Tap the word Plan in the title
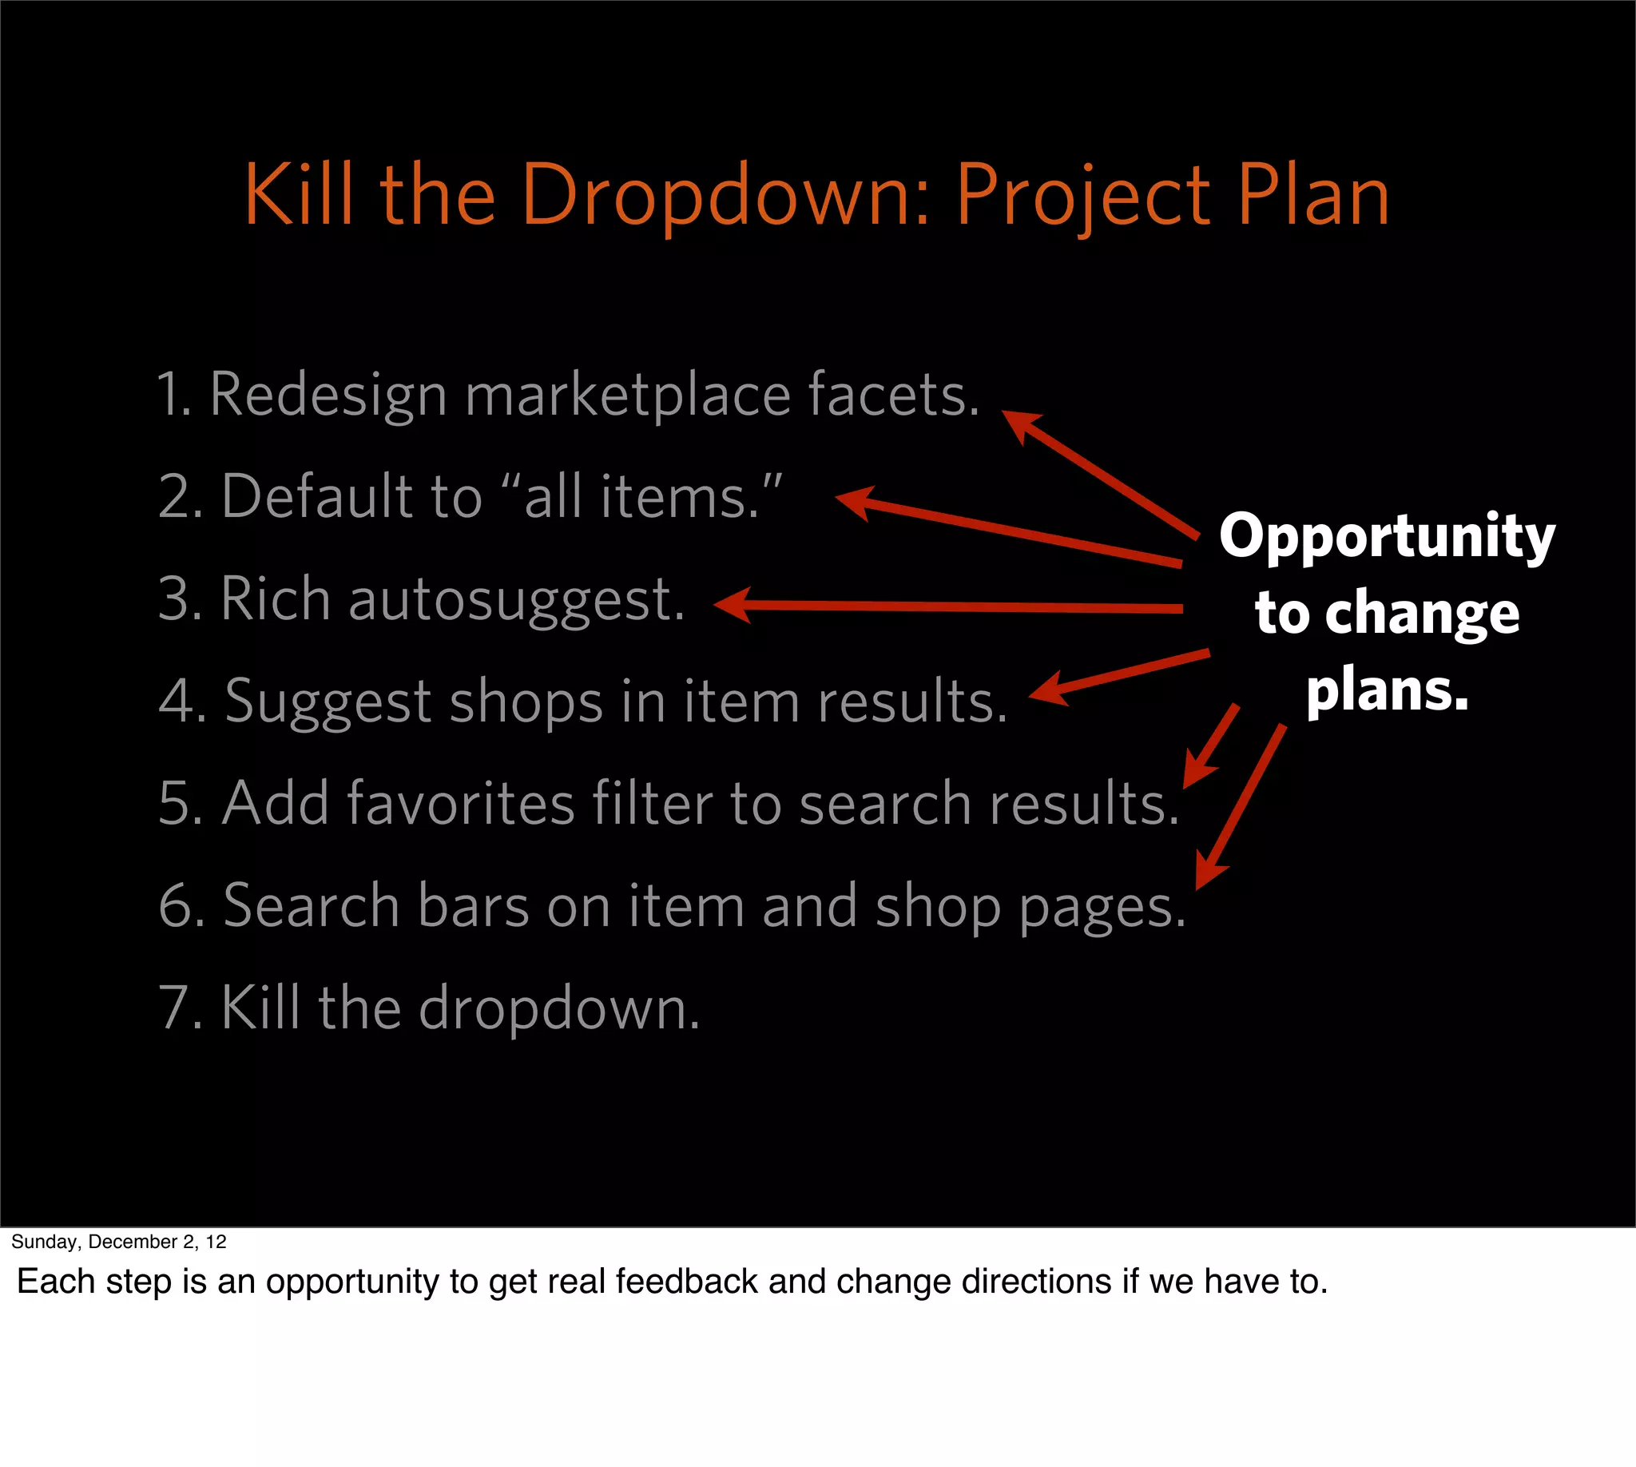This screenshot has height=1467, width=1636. click(x=1313, y=195)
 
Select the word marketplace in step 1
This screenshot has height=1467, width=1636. click(x=628, y=395)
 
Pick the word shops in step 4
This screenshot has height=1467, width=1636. click(x=526, y=702)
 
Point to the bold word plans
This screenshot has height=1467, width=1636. click(x=1387, y=691)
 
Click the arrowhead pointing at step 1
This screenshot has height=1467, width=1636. click(x=1019, y=423)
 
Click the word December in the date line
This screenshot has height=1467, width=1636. click(x=132, y=1242)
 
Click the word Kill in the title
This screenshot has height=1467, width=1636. click(x=299, y=195)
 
